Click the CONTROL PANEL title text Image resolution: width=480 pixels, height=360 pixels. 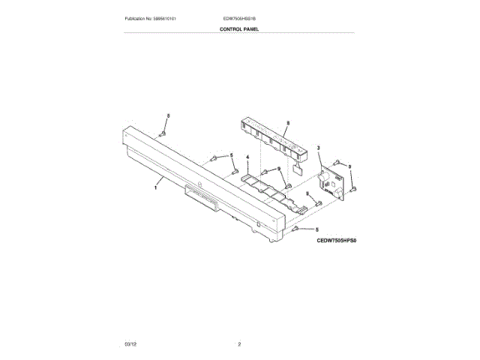239,28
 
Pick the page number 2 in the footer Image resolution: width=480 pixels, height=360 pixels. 239,343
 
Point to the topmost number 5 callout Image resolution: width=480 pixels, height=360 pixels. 169,116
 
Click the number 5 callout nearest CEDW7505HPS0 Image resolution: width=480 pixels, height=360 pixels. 317,229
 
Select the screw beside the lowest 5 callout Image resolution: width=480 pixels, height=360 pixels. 298,227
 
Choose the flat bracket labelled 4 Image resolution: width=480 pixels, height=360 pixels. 265,187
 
